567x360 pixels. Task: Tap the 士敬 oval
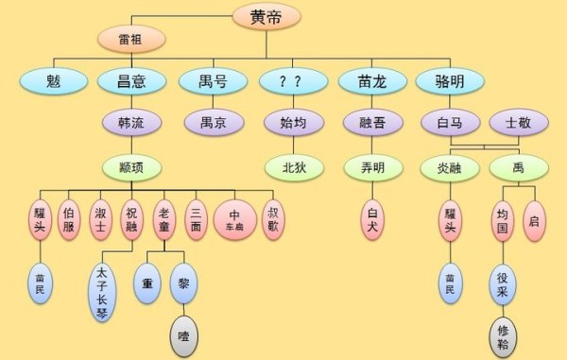(516, 122)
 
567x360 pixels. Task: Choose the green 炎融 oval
(449, 168)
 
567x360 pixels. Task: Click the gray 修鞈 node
(503, 334)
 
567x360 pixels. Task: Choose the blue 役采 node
(503, 283)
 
